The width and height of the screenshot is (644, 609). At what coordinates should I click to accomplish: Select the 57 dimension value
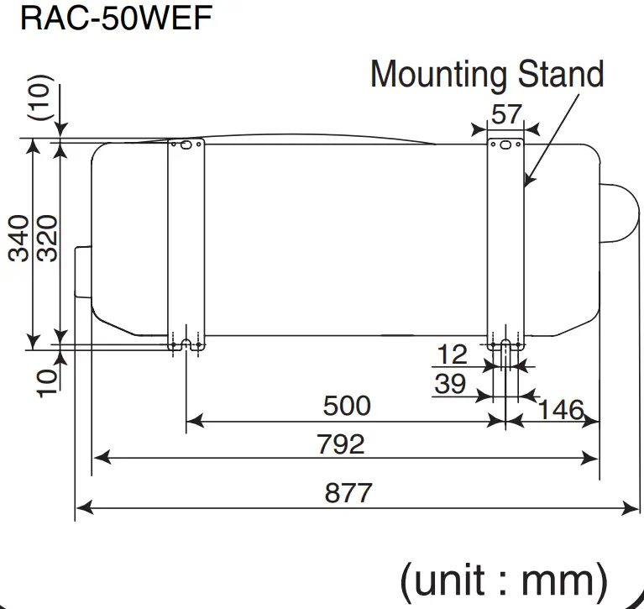point(505,113)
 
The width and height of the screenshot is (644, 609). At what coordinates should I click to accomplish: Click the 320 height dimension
point(47,239)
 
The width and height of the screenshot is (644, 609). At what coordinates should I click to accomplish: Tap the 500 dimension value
point(347,406)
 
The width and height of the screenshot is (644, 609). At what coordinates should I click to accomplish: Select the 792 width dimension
point(341,443)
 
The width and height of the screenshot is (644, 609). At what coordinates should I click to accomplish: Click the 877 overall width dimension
point(348,491)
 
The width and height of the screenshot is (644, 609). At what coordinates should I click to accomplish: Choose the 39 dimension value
point(450,384)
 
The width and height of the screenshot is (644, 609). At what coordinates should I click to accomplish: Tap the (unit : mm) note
point(503,580)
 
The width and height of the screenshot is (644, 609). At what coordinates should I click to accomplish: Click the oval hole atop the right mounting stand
point(505,145)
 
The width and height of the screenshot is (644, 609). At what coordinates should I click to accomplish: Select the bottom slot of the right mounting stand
point(505,344)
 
